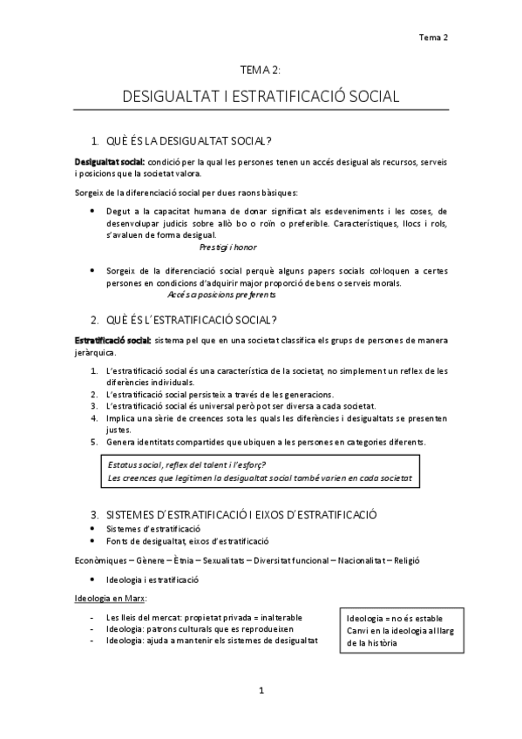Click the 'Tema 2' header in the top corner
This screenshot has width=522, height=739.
433,37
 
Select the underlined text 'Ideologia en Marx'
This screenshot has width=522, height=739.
109,599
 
